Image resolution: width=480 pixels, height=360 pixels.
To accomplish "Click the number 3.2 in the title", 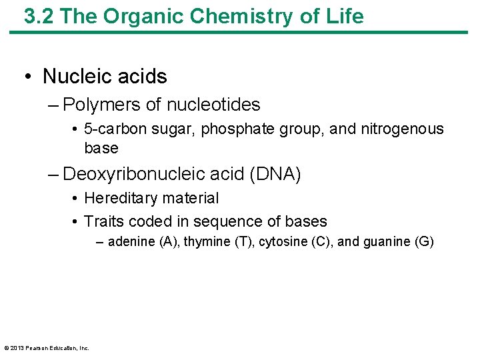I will point(38,17).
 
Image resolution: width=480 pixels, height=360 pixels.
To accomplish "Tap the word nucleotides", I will point(213,105).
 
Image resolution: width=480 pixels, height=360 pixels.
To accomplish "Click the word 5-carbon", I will point(113,129).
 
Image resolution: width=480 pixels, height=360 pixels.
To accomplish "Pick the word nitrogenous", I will point(401,129).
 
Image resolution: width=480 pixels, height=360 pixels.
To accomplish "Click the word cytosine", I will point(282,242).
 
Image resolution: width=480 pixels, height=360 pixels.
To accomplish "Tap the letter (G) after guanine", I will point(424,242).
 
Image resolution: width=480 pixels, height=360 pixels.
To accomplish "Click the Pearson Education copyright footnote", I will point(47,347).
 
